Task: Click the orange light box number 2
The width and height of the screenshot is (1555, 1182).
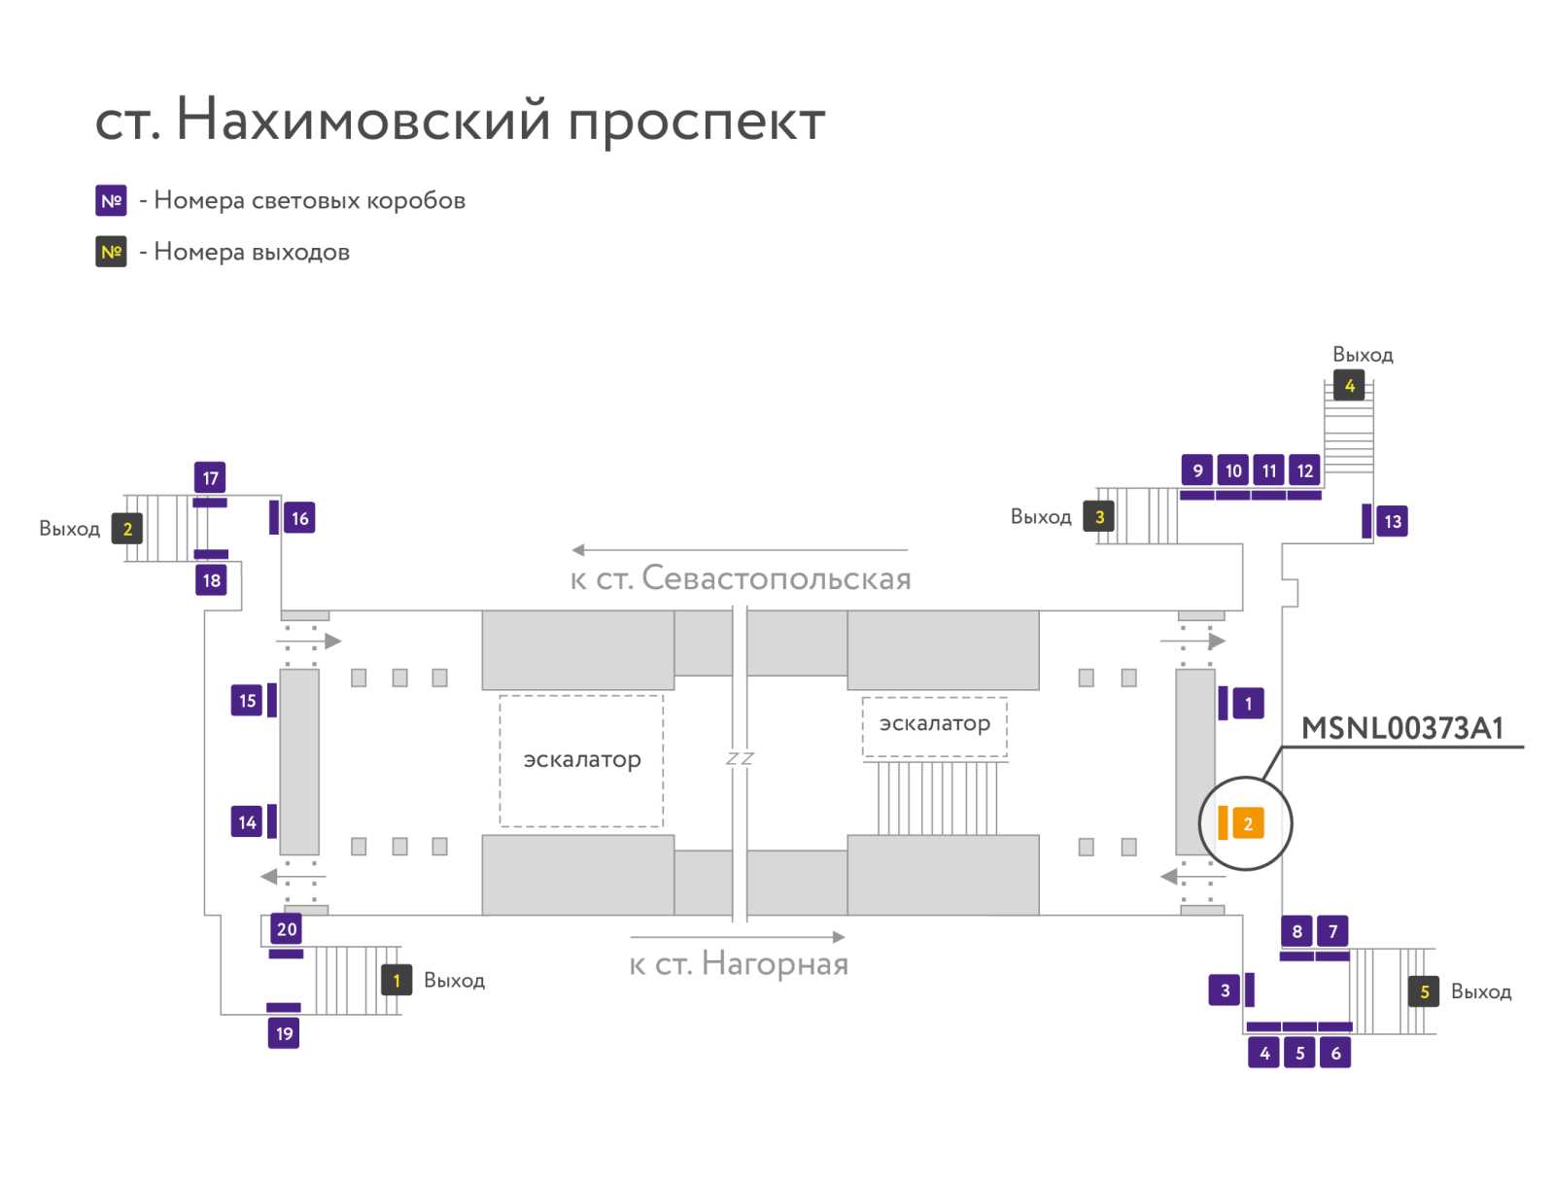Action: point(1248,823)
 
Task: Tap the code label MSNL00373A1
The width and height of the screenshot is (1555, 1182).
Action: point(1402,727)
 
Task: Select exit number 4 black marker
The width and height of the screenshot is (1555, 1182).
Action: point(1349,385)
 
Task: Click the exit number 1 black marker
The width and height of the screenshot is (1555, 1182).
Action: point(396,980)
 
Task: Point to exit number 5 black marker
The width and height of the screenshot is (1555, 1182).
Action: point(1424,991)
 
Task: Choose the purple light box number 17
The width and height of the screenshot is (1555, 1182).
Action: point(210,478)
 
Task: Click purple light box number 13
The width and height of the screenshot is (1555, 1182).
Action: point(1392,521)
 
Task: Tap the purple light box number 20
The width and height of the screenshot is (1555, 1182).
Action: point(286,928)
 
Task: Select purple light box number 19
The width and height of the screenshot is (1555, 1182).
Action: point(284,1033)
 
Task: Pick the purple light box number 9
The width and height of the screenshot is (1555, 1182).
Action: point(1197,470)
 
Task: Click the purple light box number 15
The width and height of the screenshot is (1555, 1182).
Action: point(247,701)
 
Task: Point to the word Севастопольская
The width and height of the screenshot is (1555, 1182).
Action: point(777,578)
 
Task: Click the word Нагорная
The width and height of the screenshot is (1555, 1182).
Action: point(775,964)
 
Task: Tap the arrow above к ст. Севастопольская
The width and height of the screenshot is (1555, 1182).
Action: point(739,549)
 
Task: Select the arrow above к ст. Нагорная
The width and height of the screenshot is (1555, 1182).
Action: point(737,937)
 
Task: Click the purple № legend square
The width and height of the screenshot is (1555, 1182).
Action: point(111,200)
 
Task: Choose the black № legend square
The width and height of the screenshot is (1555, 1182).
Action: point(111,252)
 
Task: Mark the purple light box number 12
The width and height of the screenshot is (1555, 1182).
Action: point(1304,470)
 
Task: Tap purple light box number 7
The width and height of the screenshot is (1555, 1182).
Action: point(1331,930)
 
